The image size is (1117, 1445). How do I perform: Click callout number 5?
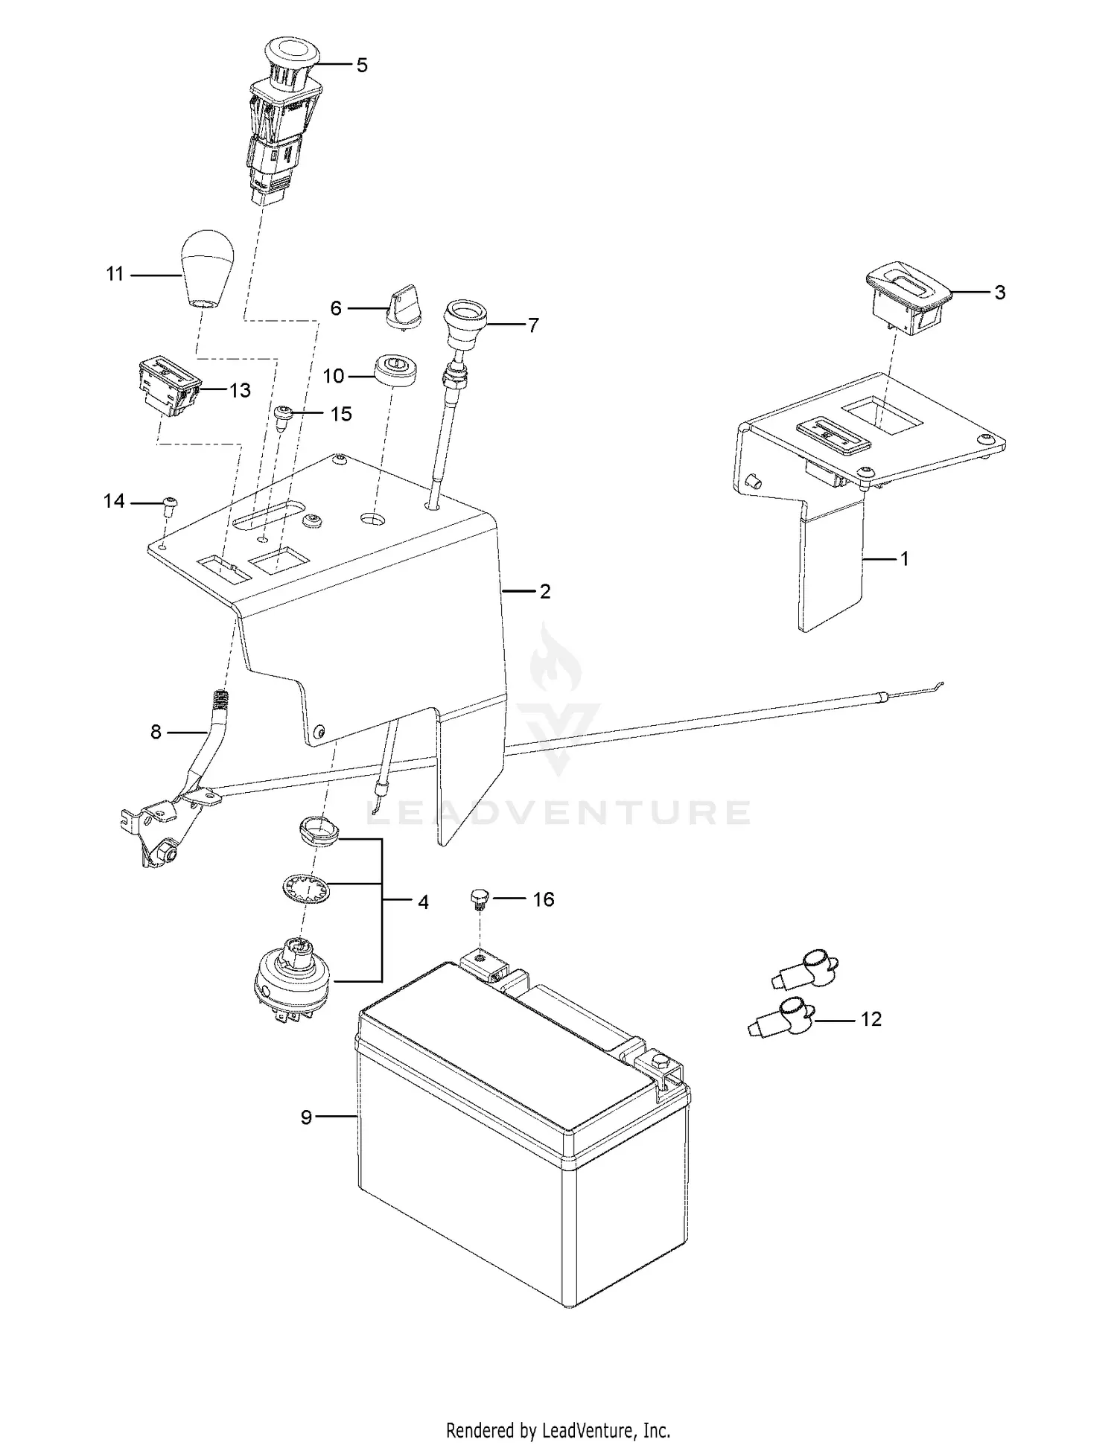pos(362,66)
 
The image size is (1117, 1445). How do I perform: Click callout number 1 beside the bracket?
pos(905,558)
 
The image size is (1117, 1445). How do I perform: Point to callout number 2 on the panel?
pos(545,592)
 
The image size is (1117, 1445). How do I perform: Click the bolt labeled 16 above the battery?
pos(479,899)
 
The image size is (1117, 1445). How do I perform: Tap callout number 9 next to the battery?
pos(306,1138)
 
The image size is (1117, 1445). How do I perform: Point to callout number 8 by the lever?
pos(156,733)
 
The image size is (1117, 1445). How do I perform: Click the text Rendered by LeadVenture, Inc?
pos(558,1429)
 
